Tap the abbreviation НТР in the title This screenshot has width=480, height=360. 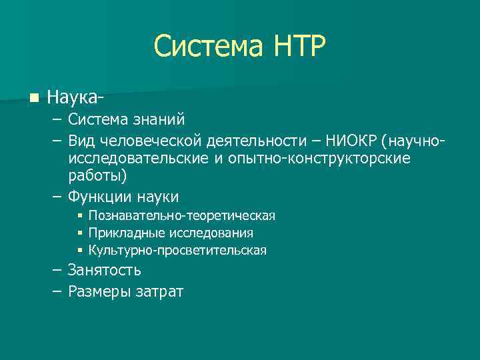(x=299, y=47)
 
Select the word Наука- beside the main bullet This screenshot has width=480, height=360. (x=75, y=98)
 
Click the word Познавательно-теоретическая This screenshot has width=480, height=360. (x=182, y=216)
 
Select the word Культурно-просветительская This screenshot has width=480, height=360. (x=177, y=251)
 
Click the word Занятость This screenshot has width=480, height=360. (x=104, y=270)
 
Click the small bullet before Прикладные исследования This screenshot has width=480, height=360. (x=79, y=233)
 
